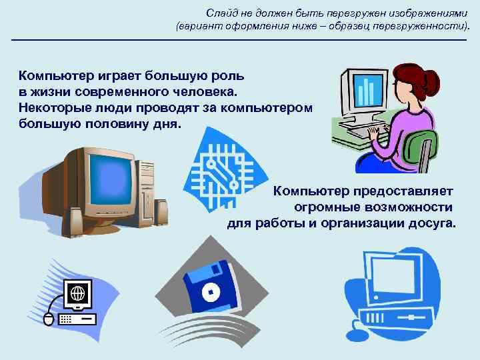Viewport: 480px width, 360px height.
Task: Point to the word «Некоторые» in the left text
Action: (x=54, y=108)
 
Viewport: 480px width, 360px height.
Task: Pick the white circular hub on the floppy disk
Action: (x=209, y=291)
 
